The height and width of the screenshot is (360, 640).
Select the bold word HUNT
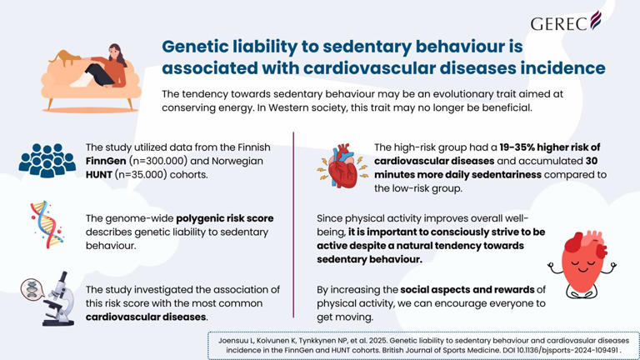click(x=104, y=177)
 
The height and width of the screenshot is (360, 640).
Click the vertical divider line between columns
click(x=293, y=225)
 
